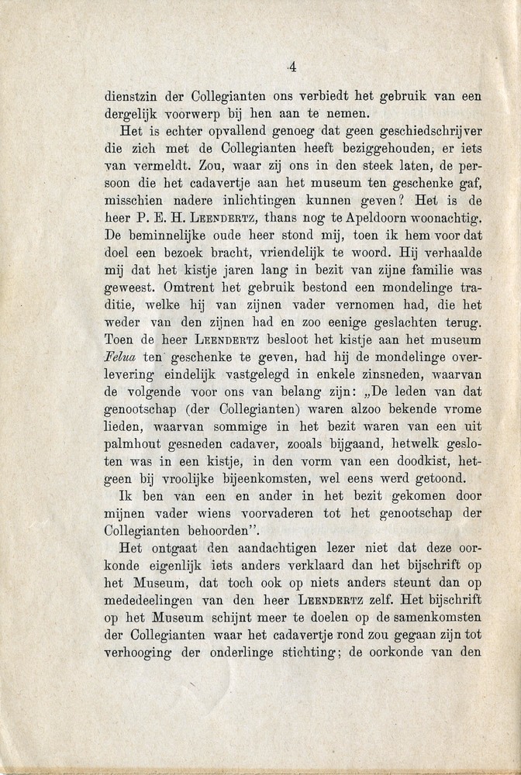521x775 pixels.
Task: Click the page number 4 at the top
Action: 292,67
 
